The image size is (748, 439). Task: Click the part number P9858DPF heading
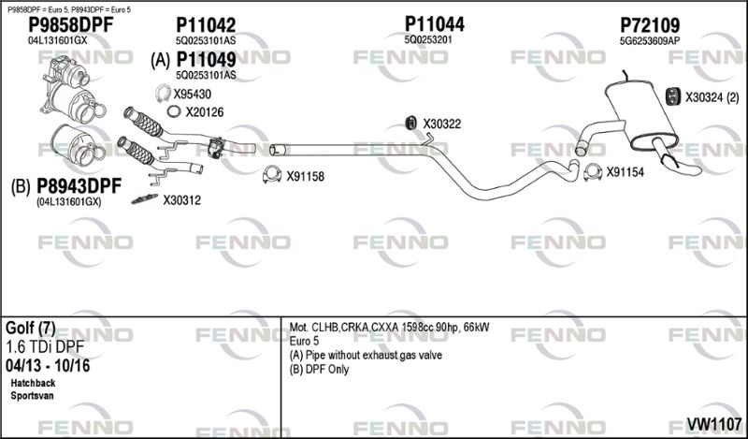[x=71, y=25]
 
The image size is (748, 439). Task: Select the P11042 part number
[x=206, y=25]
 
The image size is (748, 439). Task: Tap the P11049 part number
[x=206, y=60]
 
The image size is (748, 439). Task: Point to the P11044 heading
[x=434, y=23]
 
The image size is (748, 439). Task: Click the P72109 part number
[x=650, y=25]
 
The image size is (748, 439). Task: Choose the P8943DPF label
[x=79, y=186]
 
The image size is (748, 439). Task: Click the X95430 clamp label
[x=192, y=95]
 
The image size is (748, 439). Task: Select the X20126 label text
[x=204, y=112]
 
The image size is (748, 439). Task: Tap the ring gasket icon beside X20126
[x=174, y=111]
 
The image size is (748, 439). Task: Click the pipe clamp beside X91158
[x=272, y=175]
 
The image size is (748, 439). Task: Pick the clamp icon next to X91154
[x=593, y=172]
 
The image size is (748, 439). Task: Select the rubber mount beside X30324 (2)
[x=672, y=95]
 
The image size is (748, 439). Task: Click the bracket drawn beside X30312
[x=145, y=198]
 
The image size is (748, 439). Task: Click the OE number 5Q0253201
[x=428, y=39]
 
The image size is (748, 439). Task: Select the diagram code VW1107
[x=713, y=423]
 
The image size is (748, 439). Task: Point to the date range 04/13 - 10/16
[x=48, y=366]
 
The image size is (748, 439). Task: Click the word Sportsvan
[x=32, y=396]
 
